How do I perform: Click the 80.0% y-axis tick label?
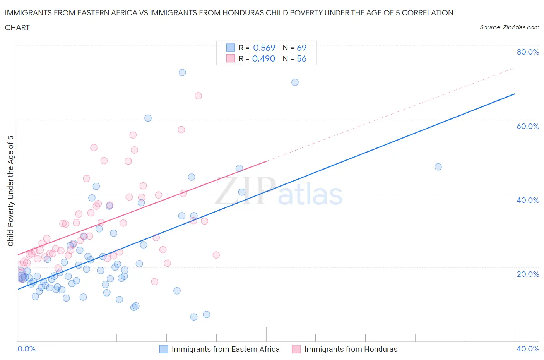tap(528, 52)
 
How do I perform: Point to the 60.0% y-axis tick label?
tap(528, 126)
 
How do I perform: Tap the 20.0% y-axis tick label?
tap(528, 274)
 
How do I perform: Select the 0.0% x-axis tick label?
tap(26, 349)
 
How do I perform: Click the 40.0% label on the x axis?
tap(528, 349)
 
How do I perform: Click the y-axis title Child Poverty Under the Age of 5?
tap(10, 191)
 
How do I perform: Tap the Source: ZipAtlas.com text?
tap(509, 27)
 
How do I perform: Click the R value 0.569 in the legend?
tap(264, 48)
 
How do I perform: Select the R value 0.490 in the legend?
tap(263, 58)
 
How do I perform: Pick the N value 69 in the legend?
tap(301, 48)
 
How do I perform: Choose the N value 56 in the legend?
tap(301, 58)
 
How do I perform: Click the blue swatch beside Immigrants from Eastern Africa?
tap(164, 349)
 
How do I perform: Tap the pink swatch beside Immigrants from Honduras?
tap(296, 349)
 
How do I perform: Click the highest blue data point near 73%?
tap(182, 72)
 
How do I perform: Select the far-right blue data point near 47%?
tap(438, 167)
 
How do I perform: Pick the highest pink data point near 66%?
tap(198, 96)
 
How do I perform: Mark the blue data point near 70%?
tap(295, 82)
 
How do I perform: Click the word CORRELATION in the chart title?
tap(428, 13)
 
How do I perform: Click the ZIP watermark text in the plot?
tap(245, 191)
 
